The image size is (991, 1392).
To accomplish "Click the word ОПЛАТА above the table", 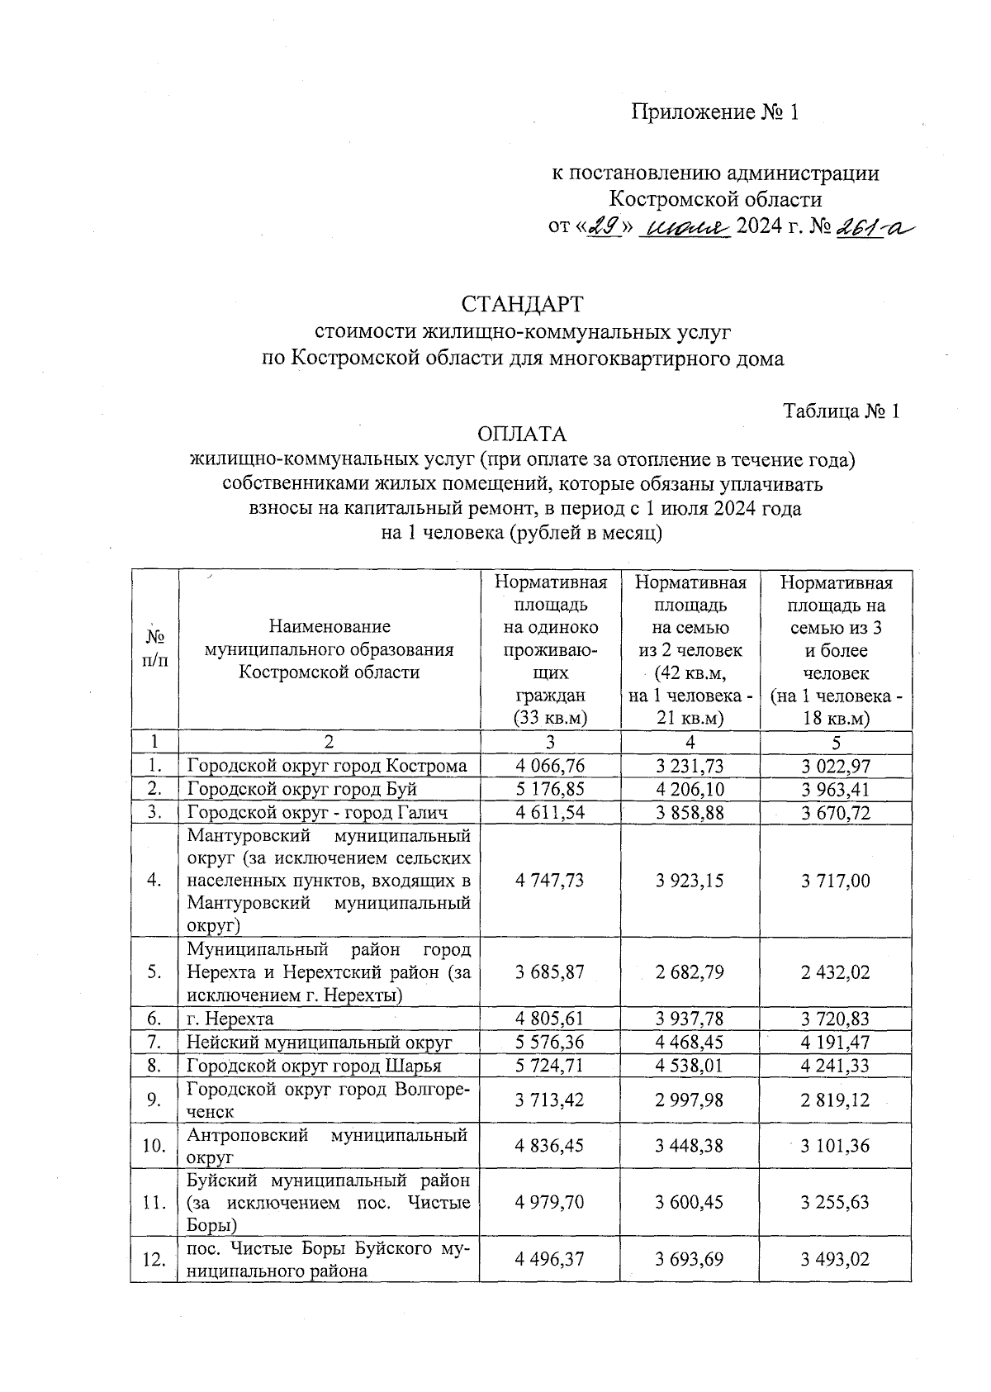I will click(522, 435).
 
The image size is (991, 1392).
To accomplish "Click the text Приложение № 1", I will click(715, 112).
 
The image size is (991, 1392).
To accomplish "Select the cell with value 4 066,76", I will click(549, 766).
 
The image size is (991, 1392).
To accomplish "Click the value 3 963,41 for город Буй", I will click(835, 789).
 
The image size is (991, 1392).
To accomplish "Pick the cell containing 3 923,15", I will click(690, 881).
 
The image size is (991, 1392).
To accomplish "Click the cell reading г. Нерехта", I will click(230, 1019).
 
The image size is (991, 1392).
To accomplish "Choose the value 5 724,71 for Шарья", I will click(549, 1066).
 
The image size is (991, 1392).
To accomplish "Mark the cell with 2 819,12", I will click(835, 1100).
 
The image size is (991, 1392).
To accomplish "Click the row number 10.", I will click(154, 1146).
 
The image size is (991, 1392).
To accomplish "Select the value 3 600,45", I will click(690, 1202).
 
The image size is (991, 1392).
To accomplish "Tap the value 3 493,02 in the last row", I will click(835, 1259).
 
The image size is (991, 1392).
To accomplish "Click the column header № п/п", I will click(154, 648).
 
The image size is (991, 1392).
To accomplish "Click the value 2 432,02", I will click(835, 972).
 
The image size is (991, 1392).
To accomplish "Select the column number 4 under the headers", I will click(690, 742).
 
